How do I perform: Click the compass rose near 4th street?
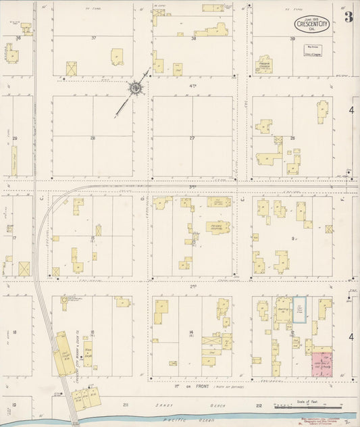coord(135,87)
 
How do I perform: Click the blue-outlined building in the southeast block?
coord(299,309)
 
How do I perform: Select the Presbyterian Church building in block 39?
coord(265,66)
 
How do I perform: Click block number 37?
coord(94,38)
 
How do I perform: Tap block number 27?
coord(192,138)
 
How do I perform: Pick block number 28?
coord(93,138)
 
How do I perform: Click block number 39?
coord(292,39)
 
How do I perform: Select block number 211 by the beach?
coord(126,405)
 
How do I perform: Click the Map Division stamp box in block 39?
coord(302,51)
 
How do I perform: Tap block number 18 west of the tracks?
coord(14,332)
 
